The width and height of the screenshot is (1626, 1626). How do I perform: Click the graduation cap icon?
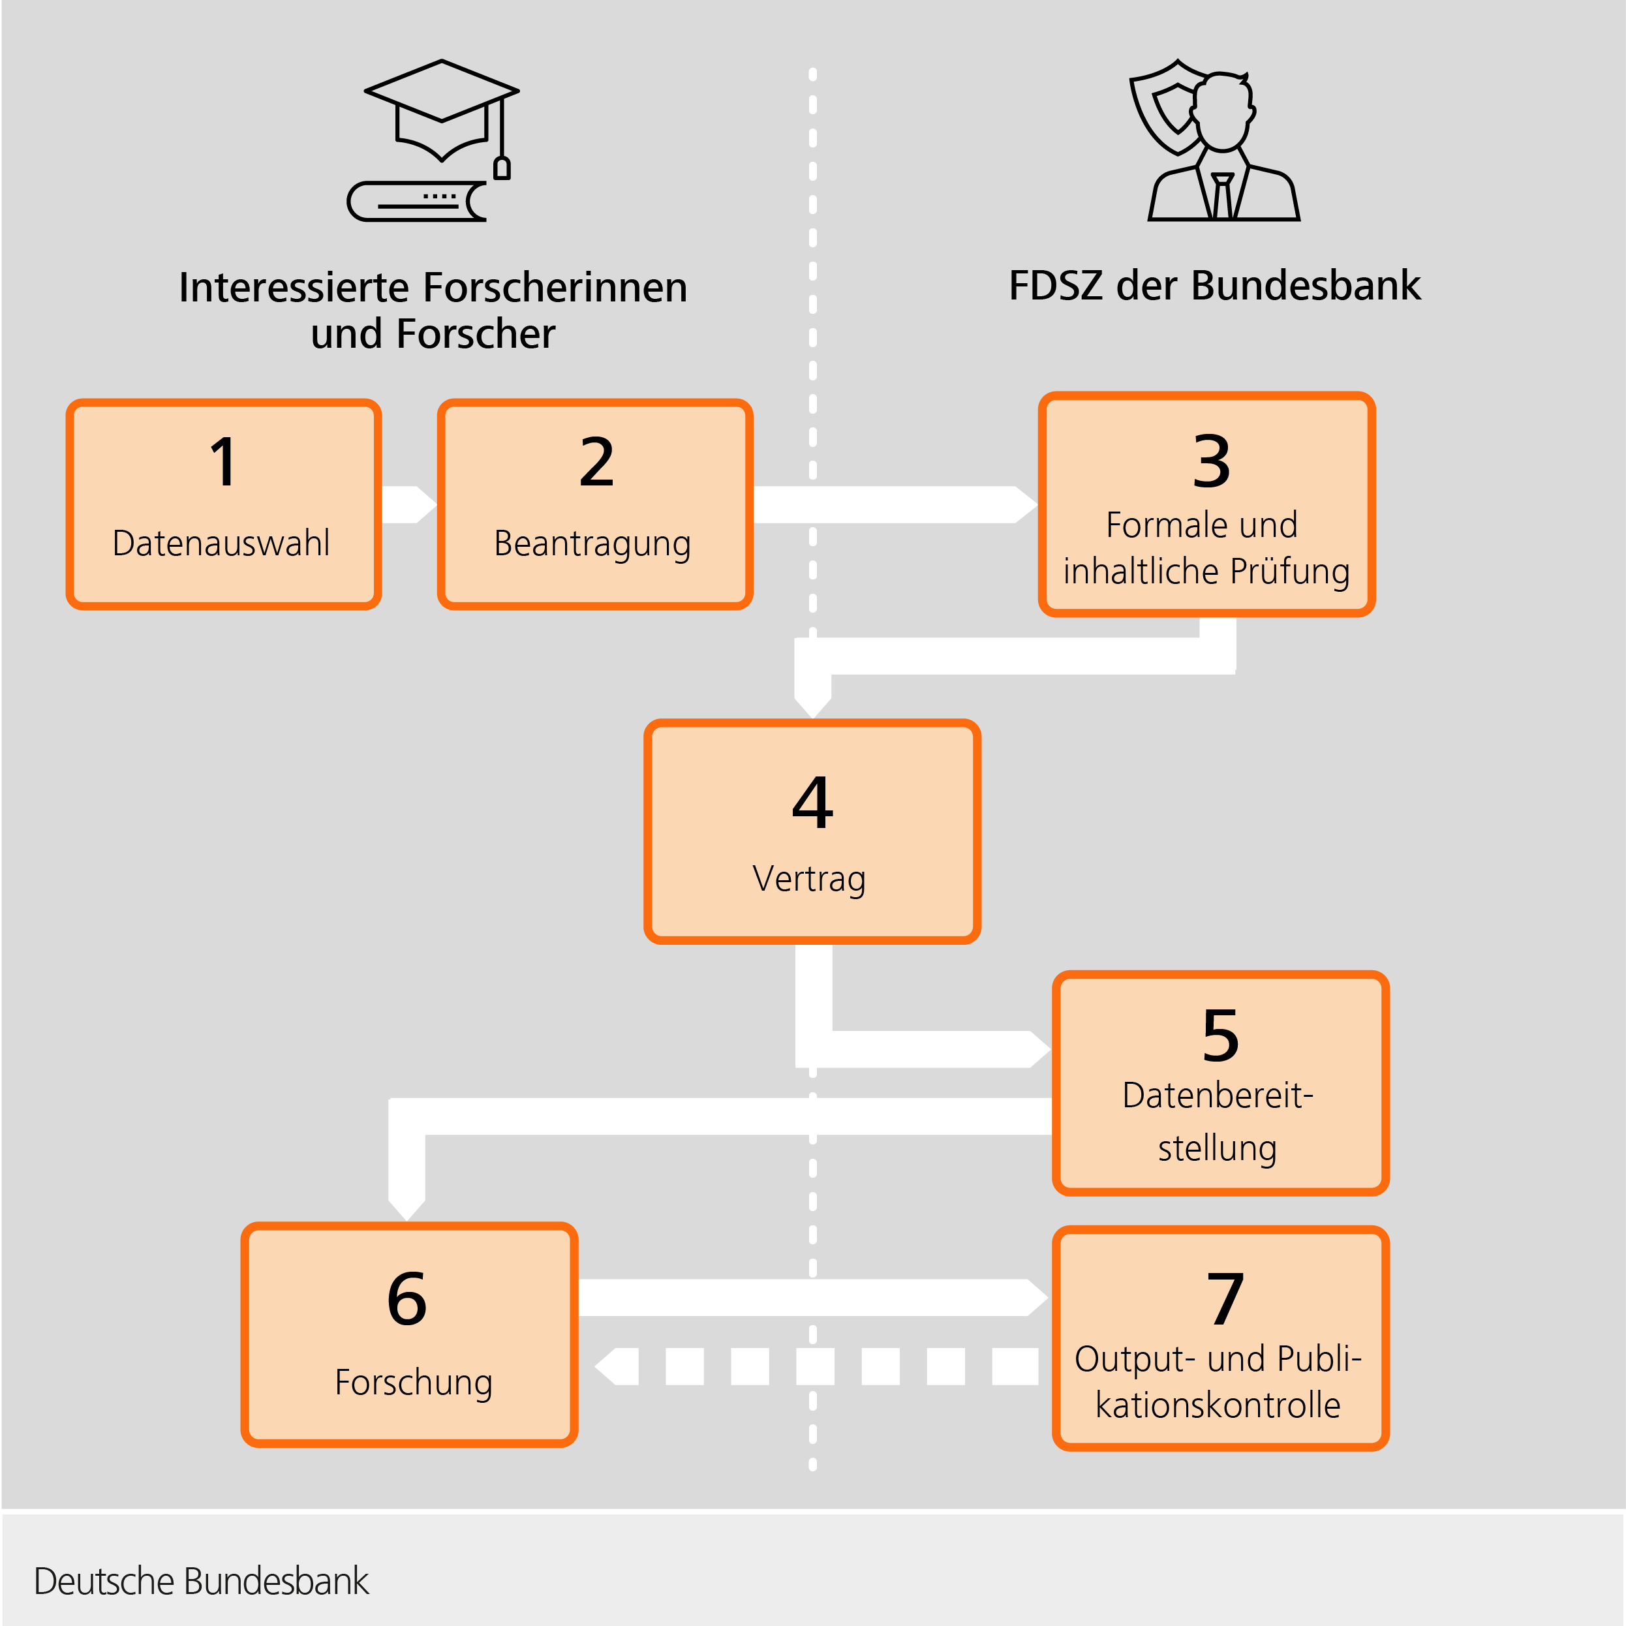click(x=441, y=105)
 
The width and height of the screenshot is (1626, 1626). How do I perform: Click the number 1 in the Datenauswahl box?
click(x=224, y=462)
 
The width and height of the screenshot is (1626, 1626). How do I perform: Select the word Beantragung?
click(x=592, y=544)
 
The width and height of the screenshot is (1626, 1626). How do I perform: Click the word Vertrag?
click(x=809, y=879)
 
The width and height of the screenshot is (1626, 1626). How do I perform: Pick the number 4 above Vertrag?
click(x=812, y=803)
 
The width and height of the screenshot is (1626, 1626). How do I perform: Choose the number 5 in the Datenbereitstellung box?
click(x=1220, y=1036)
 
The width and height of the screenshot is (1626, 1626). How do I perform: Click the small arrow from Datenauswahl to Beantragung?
click(x=409, y=505)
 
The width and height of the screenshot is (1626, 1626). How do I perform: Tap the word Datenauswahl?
click(x=221, y=544)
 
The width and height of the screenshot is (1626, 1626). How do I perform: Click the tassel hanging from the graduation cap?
click(x=502, y=166)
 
